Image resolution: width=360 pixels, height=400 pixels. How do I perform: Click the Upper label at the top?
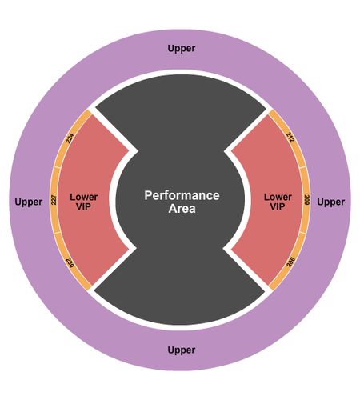pos(182,49)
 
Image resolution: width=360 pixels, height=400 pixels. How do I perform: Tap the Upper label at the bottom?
pos(182,350)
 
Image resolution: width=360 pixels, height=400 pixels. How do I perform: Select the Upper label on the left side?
pos(29,202)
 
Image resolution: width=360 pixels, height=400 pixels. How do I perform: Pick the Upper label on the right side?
pos(331,202)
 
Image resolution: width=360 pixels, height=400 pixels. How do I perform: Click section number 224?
pos(70,138)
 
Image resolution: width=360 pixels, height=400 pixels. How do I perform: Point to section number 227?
pos(54,200)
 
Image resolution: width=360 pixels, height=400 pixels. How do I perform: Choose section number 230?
pos(70,262)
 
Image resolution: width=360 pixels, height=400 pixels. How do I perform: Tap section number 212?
pos(290,137)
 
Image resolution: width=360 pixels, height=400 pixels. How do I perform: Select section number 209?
pos(306,200)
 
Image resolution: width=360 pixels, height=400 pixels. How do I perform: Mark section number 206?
pos(290,262)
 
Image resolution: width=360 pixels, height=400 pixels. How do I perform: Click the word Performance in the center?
pos(182,195)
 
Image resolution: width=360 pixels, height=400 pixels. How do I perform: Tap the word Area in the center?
pos(182,209)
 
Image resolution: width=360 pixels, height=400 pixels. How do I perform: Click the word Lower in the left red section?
pos(84,198)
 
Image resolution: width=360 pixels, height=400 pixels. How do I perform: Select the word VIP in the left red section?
pos(83,206)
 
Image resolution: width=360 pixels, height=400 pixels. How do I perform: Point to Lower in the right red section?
pos(278,198)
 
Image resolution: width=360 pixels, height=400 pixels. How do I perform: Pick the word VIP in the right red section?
pos(278,206)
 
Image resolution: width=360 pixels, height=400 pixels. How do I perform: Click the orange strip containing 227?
pos(54,200)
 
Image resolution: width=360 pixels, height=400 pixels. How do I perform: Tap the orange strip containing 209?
pos(306,200)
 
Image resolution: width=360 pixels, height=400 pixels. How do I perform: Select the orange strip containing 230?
pos(70,262)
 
